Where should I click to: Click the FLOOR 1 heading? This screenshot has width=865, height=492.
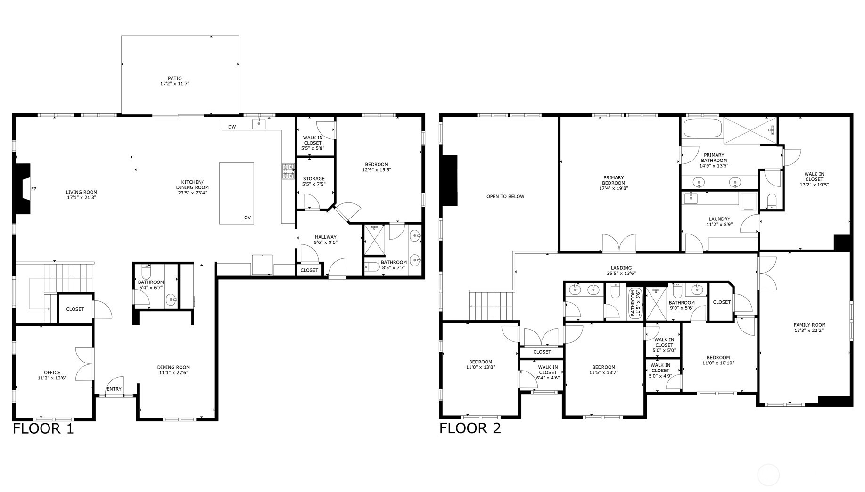coord(43,428)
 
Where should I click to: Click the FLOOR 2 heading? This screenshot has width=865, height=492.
coord(470,428)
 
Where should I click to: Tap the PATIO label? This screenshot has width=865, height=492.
coord(174,81)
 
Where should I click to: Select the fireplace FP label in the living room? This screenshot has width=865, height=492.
coord(33,189)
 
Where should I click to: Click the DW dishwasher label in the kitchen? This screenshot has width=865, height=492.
coord(232,127)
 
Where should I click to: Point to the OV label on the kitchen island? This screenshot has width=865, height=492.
coord(247,218)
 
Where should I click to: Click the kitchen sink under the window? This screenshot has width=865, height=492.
coord(259,124)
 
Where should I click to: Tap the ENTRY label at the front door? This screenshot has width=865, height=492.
coord(114,389)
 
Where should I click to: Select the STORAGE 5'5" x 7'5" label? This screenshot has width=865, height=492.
coord(313,181)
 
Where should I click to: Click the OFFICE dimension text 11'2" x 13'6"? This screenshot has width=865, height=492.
coord(52,378)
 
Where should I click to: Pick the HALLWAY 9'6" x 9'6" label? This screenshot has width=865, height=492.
coord(326,240)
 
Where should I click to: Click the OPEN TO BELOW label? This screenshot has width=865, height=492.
coord(505,196)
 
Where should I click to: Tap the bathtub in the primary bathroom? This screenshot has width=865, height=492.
coord(702,128)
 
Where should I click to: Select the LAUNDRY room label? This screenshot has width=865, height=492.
coord(719,221)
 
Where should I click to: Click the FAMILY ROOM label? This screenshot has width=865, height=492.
coord(809,327)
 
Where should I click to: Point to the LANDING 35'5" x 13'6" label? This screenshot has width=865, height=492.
coord(621,270)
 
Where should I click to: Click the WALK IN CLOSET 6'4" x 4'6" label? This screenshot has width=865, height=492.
coord(548,372)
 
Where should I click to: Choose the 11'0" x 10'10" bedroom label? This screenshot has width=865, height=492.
coord(718,360)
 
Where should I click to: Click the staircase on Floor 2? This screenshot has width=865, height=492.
coord(490,306)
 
